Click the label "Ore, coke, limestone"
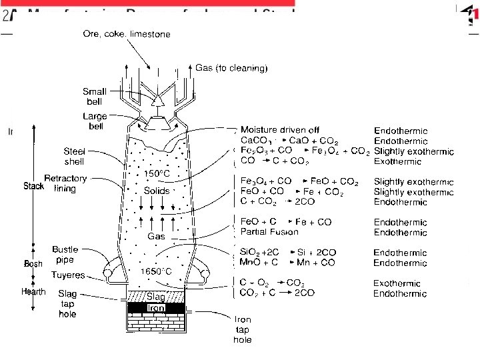(127, 34)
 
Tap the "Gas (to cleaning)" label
(231, 67)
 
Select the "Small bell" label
(94, 97)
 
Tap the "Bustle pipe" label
(65, 254)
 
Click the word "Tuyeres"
(68, 275)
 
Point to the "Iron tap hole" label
(243, 329)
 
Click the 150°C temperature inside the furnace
(158, 174)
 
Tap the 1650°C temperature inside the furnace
(156, 271)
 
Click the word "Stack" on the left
(33, 186)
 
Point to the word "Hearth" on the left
(33, 291)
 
